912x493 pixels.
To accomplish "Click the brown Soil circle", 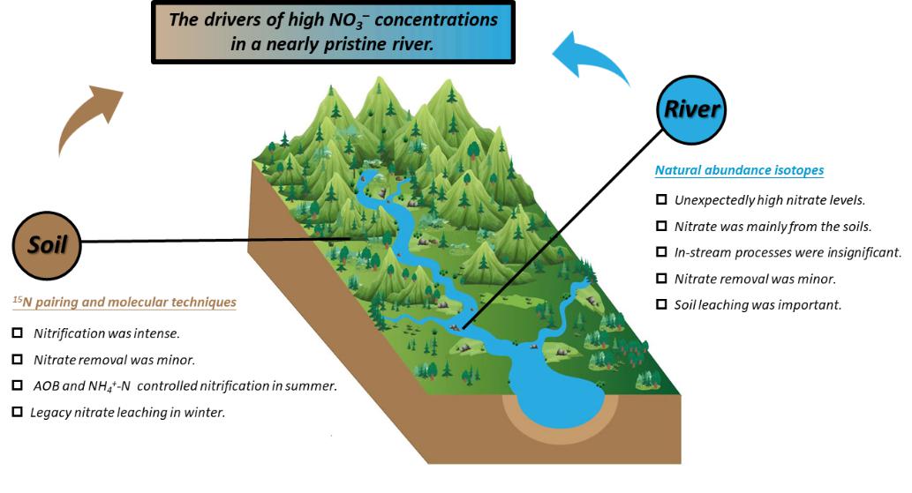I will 48,245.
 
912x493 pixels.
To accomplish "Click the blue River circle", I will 692,110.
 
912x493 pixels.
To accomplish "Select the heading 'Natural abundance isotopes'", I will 740,170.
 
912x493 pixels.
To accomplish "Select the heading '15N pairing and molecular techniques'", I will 124,303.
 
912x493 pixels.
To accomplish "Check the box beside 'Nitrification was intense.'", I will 18,334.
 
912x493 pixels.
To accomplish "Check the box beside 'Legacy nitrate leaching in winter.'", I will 18,411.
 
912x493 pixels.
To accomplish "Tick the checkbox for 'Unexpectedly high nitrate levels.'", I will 661,199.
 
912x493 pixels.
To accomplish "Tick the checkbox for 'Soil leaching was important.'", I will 661,305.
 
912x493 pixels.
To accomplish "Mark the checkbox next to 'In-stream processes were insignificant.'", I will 661,252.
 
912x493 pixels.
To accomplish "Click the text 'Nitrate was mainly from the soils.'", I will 773,226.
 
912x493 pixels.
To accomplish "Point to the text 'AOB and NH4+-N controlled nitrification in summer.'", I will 185,386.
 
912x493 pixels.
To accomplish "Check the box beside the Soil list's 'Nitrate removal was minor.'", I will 18,360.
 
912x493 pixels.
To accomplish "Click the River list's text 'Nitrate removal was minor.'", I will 755,279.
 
